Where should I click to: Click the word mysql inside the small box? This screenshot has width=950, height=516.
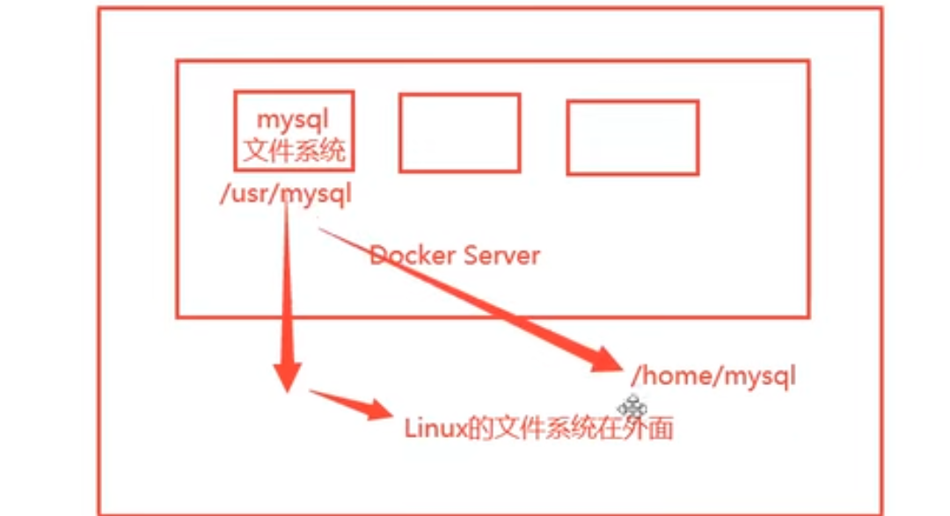294,118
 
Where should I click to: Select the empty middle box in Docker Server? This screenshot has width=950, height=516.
459,133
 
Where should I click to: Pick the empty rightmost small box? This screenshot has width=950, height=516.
632,137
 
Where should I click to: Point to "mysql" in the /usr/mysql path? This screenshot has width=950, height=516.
315,194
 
